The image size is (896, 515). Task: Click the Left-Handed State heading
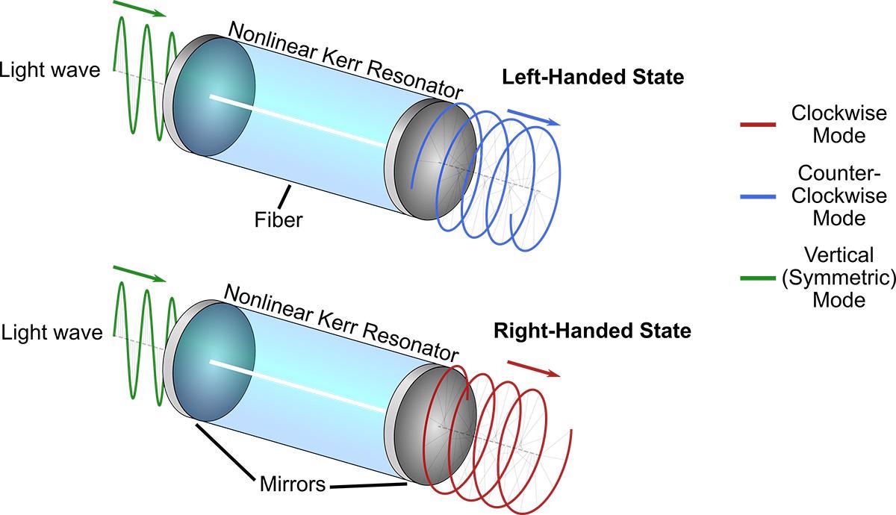coord(593,77)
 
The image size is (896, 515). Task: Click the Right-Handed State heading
coord(592,331)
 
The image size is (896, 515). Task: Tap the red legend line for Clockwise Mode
coord(758,125)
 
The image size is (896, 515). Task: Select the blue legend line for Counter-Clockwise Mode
coord(758,197)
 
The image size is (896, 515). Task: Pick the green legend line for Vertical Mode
coord(758,278)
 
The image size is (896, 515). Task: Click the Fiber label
coord(279,220)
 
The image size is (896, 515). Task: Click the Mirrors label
coord(293,484)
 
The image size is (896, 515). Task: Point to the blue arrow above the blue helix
coord(534,118)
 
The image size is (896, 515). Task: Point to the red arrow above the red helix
coord(534,369)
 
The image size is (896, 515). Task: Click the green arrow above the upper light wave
coord(139,9)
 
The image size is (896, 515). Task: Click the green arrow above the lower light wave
coord(139,274)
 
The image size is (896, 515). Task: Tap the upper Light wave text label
coord(50,71)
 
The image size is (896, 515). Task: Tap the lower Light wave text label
coord(52,333)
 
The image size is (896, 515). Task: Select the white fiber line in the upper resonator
coord(298,121)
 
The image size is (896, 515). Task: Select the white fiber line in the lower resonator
coord(298,386)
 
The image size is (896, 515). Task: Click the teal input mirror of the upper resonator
coord(214,96)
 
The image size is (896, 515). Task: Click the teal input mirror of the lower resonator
coord(214,362)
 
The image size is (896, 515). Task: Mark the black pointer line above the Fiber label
coord(284,196)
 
